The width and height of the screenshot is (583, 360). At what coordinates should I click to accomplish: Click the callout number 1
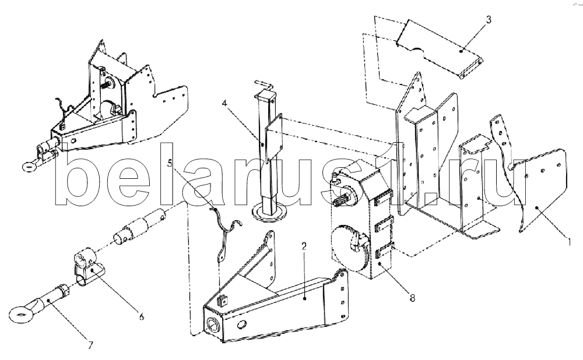[569, 242]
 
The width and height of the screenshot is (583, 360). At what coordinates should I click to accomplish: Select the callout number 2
[304, 246]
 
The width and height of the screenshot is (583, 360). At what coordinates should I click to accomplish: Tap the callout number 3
[489, 20]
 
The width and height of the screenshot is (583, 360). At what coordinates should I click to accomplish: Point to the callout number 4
[224, 103]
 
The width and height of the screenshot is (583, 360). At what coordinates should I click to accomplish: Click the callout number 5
[170, 164]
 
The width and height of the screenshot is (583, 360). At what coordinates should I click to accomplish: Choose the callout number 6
[141, 317]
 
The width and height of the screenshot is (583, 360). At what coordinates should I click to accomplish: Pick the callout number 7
[90, 345]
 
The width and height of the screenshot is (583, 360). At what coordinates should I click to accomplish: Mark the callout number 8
[412, 298]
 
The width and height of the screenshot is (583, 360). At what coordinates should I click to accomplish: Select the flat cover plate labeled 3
[438, 49]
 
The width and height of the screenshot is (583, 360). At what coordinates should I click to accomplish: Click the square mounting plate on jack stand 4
[273, 138]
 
